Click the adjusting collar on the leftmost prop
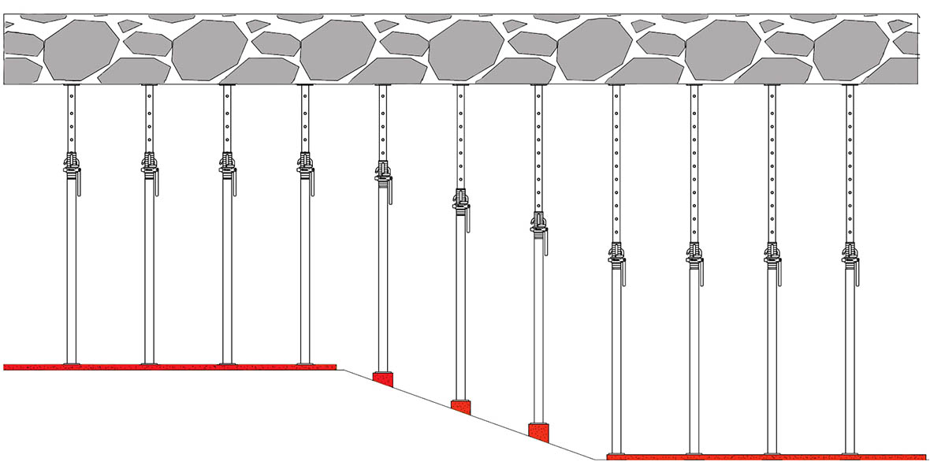pyautogui.click(x=71, y=166)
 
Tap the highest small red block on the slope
pyautogui.click(x=382, y=379)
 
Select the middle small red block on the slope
pyautogui.click(x=460, y=407)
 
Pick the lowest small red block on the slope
pyautogui.click(x=538, y=432)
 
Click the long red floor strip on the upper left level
pyautogui.click(x=169, y=367)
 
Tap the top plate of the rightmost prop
pyautogui.click(x=850, y=84)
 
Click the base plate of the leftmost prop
pyautogui.click(x=71, y=363)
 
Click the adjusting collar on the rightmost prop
pyautogui.click(x=850, y=252)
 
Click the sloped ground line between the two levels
pyautogui.click(x=473, y=414)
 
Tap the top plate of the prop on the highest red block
pyautogui.click(x=382, y=84)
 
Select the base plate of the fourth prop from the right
pyautogui.click(x=616, y=453)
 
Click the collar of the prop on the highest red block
pyautogui.click(x=382, y=170)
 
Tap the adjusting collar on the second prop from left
pyautogui.click(x=149, y=166)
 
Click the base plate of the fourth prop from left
pyautogui.click(x=304, y=363)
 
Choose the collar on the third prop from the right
pyautogui.click(x=694, y=252)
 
